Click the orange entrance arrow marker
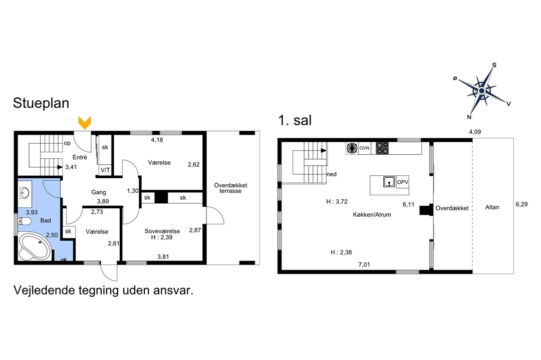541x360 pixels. coord(85,123)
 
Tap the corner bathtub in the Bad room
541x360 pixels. coord(35,246)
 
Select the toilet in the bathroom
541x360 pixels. coord(25,221)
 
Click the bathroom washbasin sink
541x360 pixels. coord(25,193)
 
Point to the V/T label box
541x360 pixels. coord(105,170)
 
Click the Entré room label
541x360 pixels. coord(80,157)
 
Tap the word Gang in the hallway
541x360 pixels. coord(99,192)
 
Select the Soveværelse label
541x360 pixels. coord(162,231)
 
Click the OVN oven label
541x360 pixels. coord(364,148)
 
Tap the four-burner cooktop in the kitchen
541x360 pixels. coord(382,148)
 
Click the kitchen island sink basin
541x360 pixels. coord(389,182)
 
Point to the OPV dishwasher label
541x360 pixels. coord(403,182)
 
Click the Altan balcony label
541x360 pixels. coord(492,207)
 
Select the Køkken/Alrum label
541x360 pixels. coord(372,214)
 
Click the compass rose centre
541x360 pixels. coord(482,91)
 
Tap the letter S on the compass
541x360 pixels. coord(494,65)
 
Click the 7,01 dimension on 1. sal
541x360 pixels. coord(364,265)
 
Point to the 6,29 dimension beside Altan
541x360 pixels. coord(521,204)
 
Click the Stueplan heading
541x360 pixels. coord(41,103)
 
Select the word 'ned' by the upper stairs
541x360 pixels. coord(332,174)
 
